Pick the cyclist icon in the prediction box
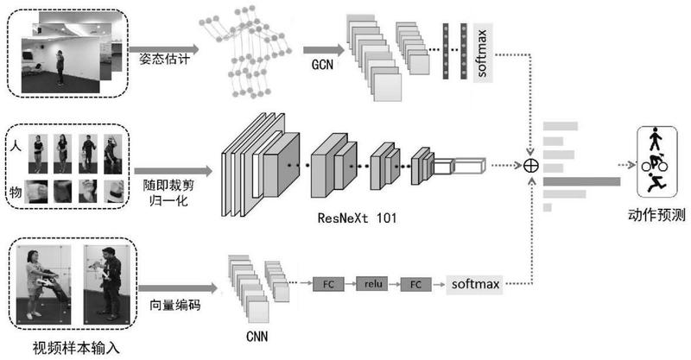[x=654, y=161]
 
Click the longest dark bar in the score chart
[x=581, y=181]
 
